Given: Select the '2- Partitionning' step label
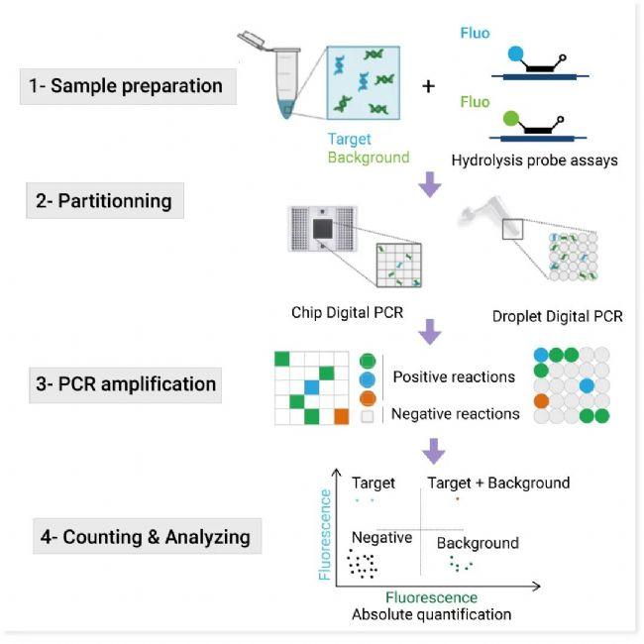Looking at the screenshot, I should pos(103,201).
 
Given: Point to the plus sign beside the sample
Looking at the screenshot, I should pos(428,86).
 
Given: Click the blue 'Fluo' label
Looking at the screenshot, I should pos(475,33).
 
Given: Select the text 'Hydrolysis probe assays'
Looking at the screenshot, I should pos(535,160).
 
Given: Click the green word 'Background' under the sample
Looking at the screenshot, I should pos(369,158).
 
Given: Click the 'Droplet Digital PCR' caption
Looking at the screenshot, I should pos(558,317).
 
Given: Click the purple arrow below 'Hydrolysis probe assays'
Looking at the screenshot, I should pos(430,184).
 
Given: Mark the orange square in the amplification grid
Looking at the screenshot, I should pos(342,416).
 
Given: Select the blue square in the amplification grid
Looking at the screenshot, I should pos(311,385).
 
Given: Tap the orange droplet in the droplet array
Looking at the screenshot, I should pos(541,402).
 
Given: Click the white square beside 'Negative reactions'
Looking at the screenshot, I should pos(368,417).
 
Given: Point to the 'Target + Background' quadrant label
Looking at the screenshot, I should pos(498,483).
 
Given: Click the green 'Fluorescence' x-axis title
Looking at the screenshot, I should pos(431,597).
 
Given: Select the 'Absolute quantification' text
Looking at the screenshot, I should pos(431,614).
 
